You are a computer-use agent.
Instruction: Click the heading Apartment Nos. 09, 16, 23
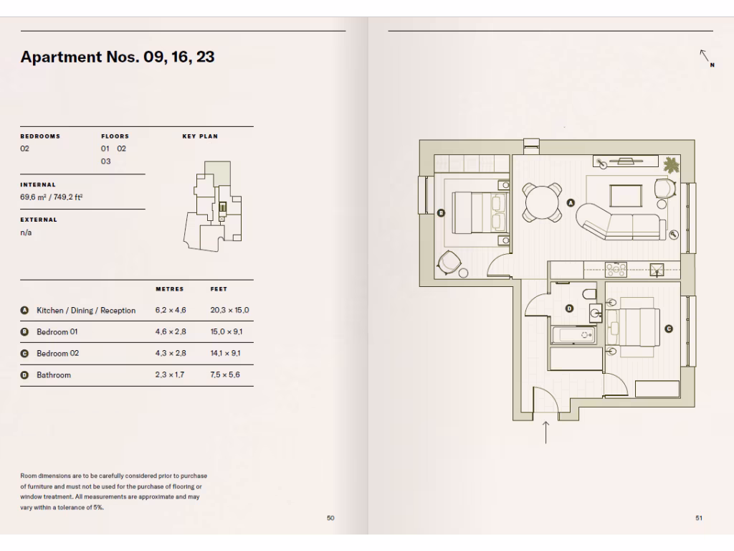pyautogui.click(x=118, y=57)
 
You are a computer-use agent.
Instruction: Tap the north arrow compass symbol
pyautogui.click(x=706, y=57)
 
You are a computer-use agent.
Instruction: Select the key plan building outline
pyautogui.click(x=214, y=204)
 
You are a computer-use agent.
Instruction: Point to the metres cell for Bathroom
pyautogui.click(x=169, y=375)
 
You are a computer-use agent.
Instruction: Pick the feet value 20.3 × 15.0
pyautogui.click(x=229, y=311)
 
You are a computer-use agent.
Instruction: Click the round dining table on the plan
pyautogui.click(x=543, y=202)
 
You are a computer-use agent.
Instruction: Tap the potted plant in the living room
pyautogui.click(x=672, y=165)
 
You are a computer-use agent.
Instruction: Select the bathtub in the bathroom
pyautogui.click(x=576, y=335)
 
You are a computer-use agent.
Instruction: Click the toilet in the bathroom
pyautogui.click(x=588, y=293)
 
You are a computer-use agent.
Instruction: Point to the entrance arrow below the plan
pyautogui.click(x=545, y=432)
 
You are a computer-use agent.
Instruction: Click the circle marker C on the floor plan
pyautogui.click(x=669, y=329)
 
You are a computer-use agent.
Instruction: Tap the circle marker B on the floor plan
pyautogui.click(x=441, y=212)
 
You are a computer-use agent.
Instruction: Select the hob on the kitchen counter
pyautogui.click(x=616, y=270)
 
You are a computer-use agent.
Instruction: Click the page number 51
pyautogui.click(x=698, y=518)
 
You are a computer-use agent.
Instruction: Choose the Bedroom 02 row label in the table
pyautogui.click(x=58, y=354)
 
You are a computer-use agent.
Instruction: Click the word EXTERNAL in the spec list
pyautogui.click(x=39, y=220)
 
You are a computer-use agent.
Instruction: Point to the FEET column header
pyautogui.click(x=219, y=289)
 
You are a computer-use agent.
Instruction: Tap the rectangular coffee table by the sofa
pyautogui.click(x=626, y=196)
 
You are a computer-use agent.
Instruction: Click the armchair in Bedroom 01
pyautogui.click(x=450, y=262)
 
